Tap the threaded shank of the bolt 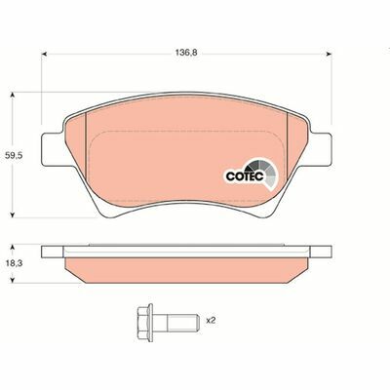point(174,319)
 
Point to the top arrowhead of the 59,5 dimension point(12,95)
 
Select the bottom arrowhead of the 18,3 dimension point(12,282)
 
